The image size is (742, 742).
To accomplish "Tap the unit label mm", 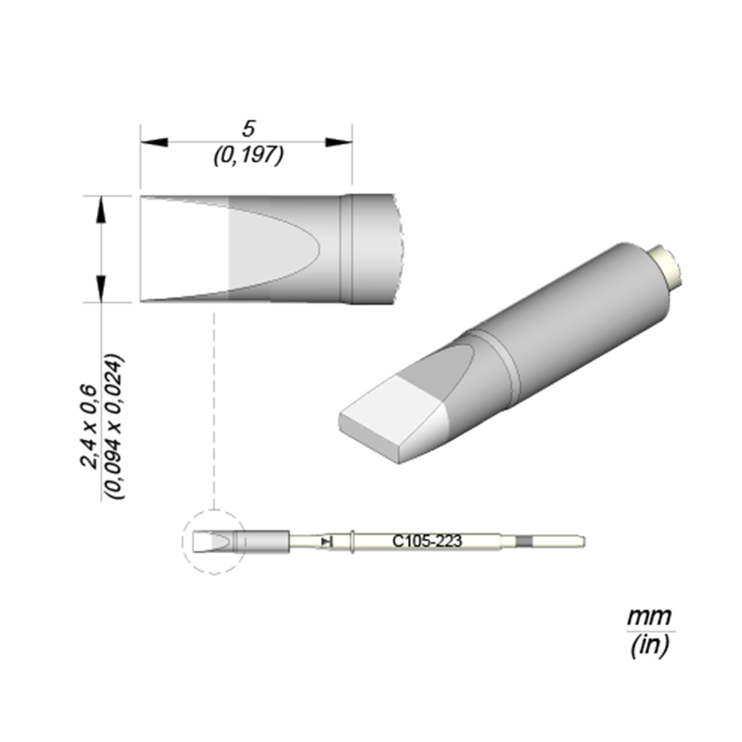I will click(649, 615).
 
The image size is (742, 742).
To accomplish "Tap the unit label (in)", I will click(649, 646).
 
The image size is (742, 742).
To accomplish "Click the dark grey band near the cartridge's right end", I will click(525, 540).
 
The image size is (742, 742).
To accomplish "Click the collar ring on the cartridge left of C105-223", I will click(355, 540).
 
